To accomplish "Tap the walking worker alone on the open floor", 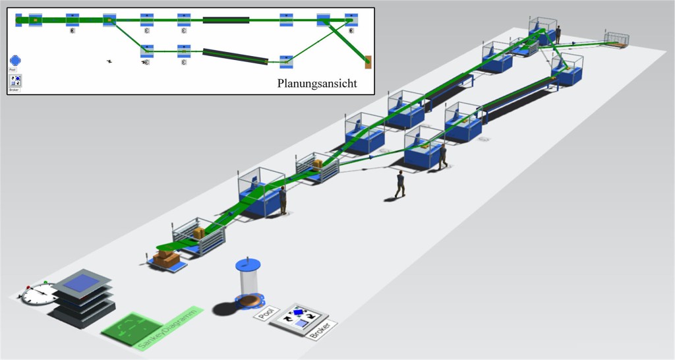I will click(399, 184).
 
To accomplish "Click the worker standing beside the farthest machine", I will click(558, 34).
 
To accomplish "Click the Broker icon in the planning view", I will click(15, 80).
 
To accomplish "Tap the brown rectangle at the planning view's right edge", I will click(368, 62).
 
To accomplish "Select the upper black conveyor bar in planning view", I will click(225, 20).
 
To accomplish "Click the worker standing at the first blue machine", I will click(283, 200).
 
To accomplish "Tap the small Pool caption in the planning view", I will click(13, 69).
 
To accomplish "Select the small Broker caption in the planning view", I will click(14, 89).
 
